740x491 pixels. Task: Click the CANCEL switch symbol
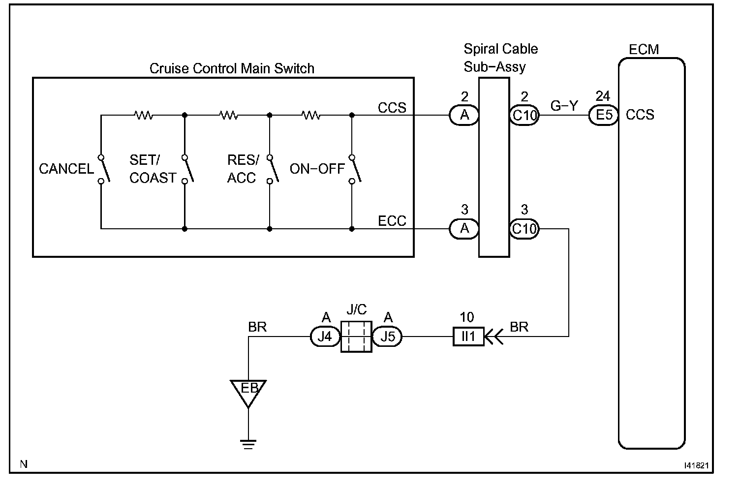tap(102, 169)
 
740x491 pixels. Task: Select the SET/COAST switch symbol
tap(186, 169)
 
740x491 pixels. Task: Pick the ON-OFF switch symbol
tap(354, 169)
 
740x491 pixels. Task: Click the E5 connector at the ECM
tap(603, 115)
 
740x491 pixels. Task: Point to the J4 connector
tap(325, 337)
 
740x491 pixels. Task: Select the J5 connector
tap(387, 337)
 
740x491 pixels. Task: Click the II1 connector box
tap(468, 337)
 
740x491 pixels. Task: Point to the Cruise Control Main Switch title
tap(232, 68)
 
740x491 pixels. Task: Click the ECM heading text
tap(644, 50)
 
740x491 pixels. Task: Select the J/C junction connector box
tap(356, 337)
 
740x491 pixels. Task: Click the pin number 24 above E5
tap(603, 96)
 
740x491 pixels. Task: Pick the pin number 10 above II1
tap(467, 317)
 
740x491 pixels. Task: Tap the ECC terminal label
tap(392, 221)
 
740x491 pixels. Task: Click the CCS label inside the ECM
tap(640, 115)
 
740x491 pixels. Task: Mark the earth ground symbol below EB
tap(248, 445)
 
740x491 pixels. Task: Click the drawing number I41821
tap(695, 464)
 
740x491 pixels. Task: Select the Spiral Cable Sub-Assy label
tap(500, 58)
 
